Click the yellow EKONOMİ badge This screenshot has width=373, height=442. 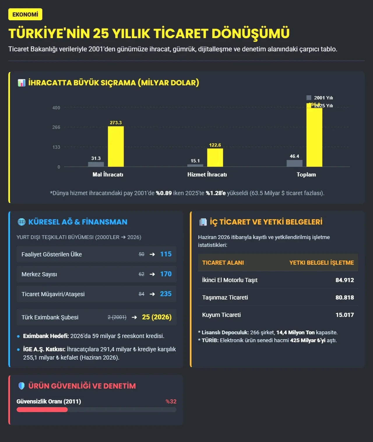click(x=25, y=14)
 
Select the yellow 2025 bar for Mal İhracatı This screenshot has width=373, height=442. click(x=116, y=147)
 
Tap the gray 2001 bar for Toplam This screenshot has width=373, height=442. click(x=294, y=163)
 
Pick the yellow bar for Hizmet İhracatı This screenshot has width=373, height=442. click(x=215, y=158)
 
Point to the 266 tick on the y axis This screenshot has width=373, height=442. click(x=56, y=127)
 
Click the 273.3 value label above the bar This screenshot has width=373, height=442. click(x=116, y=123)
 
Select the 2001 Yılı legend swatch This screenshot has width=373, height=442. click(x=309, y=98)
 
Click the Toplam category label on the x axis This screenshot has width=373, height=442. click(x=306, y=175)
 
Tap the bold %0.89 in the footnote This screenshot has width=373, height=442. click(x=164, y=193)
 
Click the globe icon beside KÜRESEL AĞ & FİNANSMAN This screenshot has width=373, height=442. click(x=21, y=222)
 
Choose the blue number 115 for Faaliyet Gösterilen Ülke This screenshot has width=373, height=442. click(x=166, y=254)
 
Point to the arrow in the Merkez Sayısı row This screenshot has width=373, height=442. click(x=152, y=274)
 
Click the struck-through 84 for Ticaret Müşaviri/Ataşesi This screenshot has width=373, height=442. click(x=141, y=294)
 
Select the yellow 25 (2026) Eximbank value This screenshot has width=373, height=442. click(x=157, y=317)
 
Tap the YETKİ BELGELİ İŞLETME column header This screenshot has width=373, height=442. click(x=321, y=263)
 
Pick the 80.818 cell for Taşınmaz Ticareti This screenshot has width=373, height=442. click(x=345, y=297)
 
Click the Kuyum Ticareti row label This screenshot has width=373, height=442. click(x=221, y=315)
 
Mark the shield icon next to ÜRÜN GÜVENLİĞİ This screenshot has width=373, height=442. click(x=22, y=386)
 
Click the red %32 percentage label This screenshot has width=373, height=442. click(x=171, y=402)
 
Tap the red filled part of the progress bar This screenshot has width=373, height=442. click(x=42, y=410)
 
